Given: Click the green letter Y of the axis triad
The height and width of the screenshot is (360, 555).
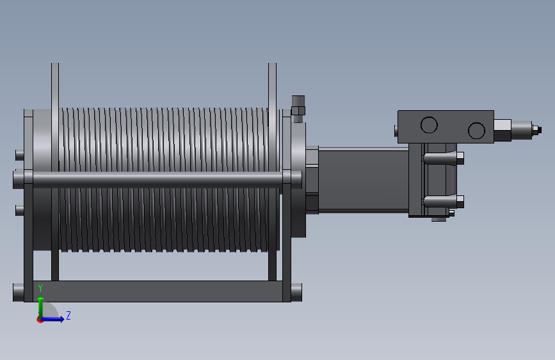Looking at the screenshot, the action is point(40,288).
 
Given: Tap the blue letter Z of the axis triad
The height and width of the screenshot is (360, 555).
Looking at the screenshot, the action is point(68,315).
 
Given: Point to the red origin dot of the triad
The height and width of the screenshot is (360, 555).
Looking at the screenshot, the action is point(40,320).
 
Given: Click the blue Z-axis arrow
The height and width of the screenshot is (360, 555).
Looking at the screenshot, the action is point(52,319).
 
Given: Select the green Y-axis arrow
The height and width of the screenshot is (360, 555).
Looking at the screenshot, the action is point(41,307).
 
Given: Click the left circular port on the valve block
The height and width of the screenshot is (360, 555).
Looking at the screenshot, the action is point(429,125).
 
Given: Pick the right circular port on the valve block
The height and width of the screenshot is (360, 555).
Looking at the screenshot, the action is point(476,131).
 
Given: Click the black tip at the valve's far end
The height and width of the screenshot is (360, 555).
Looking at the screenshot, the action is point(537,129).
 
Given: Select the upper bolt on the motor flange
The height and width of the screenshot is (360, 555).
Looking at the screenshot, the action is point(444,158).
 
